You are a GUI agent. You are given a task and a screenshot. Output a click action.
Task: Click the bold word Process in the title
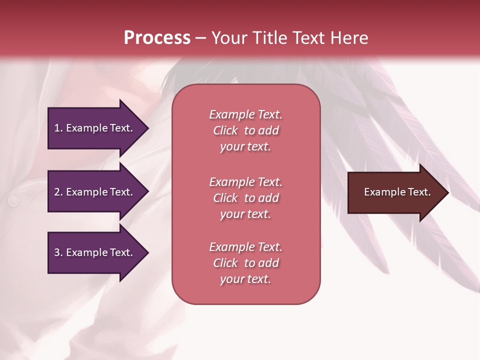157,38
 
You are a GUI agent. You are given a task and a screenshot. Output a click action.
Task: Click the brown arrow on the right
395,192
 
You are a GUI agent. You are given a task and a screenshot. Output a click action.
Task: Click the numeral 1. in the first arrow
58,128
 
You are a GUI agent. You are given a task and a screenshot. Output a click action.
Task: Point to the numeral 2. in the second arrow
58,192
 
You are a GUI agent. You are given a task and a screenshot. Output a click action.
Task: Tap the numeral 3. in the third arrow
58,252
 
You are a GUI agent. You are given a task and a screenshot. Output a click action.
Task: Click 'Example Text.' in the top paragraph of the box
245,114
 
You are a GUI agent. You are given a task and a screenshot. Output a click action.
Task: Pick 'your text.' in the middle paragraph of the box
245,214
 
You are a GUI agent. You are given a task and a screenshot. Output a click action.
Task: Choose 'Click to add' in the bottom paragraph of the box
245,263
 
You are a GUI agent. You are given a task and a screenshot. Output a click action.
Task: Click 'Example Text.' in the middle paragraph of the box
245,182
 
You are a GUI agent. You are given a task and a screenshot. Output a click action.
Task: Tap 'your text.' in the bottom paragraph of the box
245,279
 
